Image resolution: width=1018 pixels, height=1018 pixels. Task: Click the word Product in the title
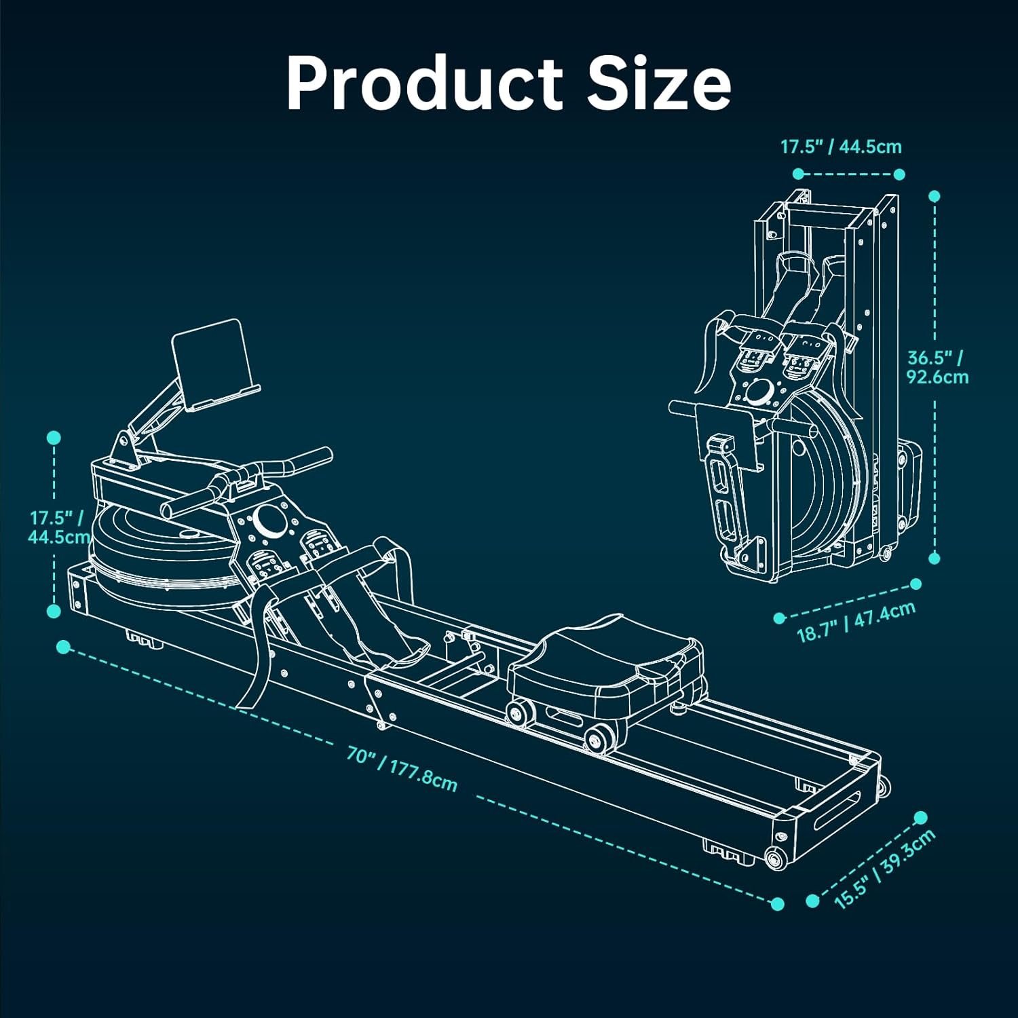[x=424, y=83]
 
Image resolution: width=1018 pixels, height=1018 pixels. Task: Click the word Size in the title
[x=658, y=83]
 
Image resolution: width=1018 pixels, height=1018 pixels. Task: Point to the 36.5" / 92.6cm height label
[x=937, y=366]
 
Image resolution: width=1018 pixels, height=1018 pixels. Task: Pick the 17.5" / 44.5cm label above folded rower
[x=841, y=146]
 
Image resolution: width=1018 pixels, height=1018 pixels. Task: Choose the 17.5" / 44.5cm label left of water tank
[x=58, y=527]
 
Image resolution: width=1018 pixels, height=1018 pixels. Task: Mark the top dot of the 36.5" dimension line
[x=935, y=196]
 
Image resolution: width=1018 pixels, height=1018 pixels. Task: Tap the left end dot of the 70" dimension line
[x=63, y=646]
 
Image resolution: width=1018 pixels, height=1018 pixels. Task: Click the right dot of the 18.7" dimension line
[x=916, y=584]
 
